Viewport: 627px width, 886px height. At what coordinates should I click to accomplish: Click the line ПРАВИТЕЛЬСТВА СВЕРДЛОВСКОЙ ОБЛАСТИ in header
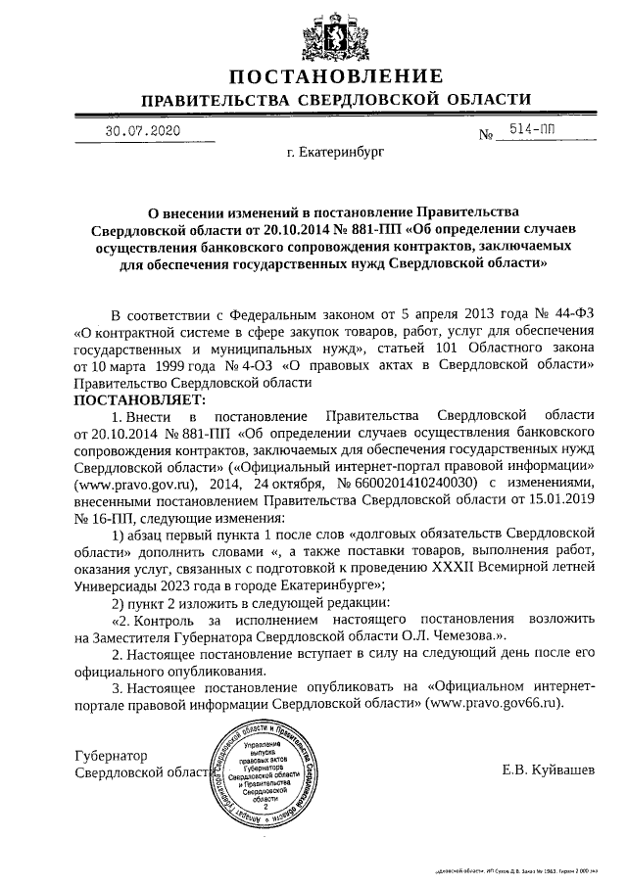[x=336, y=100]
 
